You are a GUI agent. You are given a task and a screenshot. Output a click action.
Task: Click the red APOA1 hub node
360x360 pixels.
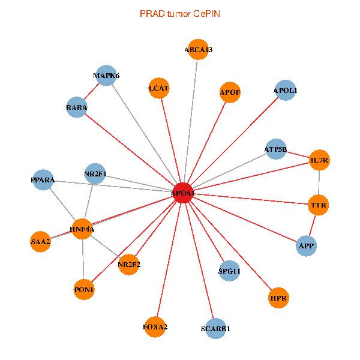click(183, 193)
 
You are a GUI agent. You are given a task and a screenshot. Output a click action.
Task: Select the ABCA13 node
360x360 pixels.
click(199, 50)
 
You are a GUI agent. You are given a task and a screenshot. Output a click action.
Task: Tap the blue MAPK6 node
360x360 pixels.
click(106, 76)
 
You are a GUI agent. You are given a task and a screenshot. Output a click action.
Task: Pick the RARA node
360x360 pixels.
click(77, 107)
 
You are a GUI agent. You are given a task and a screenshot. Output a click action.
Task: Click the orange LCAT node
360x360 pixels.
click(160, 88)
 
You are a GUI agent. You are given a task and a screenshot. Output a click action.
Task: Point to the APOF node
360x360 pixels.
click(230, 92)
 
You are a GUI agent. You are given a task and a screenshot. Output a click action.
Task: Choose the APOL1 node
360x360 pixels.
click(285, 91)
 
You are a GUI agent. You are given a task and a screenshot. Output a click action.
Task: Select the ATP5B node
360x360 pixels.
click(276, 149)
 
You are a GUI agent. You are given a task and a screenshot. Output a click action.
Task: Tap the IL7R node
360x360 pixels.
click(320, 160)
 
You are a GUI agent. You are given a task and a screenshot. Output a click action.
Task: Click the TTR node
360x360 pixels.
click(318, 206)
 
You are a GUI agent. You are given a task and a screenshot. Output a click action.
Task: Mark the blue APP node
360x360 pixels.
click(306, 245)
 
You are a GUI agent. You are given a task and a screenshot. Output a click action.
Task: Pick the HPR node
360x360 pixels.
click(278, 298)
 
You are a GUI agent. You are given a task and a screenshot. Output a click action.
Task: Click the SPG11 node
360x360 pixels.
click(229, 271)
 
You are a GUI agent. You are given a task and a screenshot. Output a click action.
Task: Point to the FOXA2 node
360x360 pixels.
click(155, 327)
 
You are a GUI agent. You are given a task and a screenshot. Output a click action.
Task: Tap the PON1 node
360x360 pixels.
click(84, 290)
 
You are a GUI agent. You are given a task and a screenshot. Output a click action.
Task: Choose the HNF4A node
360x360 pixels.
click(82, 229)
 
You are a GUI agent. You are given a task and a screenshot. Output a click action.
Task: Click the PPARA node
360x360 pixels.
click(43, 180)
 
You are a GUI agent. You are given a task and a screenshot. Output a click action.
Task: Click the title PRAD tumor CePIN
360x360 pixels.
click(179, 13)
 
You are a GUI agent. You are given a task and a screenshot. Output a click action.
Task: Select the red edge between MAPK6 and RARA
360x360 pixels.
click(92, 92)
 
